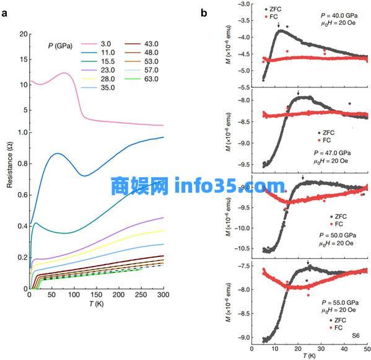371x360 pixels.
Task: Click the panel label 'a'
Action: (6, 13)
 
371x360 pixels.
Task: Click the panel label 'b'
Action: (204, 13)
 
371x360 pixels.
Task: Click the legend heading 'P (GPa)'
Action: (61, 45)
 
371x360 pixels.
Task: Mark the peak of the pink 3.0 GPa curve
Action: (64, 73)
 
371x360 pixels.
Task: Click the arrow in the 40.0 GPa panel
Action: (279, 25)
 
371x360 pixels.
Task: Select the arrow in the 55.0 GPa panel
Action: (308, 262)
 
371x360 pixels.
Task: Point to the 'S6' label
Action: (356, 335)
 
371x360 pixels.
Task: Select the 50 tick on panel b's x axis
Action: (367, 348)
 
